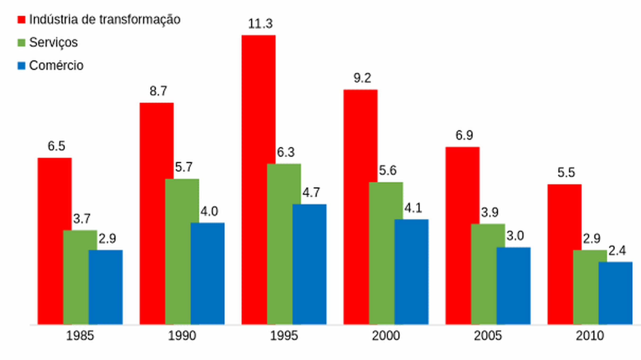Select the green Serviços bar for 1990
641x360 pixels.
pos(182,251)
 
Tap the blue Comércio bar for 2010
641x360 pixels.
pos(615,293)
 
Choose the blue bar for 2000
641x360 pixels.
pos(411,272)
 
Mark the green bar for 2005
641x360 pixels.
pos(488,274)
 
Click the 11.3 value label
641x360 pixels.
pos(260,24)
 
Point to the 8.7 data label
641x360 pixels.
pos(158,91)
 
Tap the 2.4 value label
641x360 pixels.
pos(617,251)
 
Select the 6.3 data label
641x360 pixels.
pos(286,152)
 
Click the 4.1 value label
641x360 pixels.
pos(413,208)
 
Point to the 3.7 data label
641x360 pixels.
pos(82,219)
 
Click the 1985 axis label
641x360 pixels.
pos(80,336)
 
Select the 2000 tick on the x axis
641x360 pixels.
pos(386,336)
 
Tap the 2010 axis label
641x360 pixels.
pos(590,336)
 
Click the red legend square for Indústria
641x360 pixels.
pos(21,20)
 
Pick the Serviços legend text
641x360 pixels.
pos(53,43)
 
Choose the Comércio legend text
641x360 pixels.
pos(56,65)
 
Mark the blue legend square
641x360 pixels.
pos(21,66)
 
